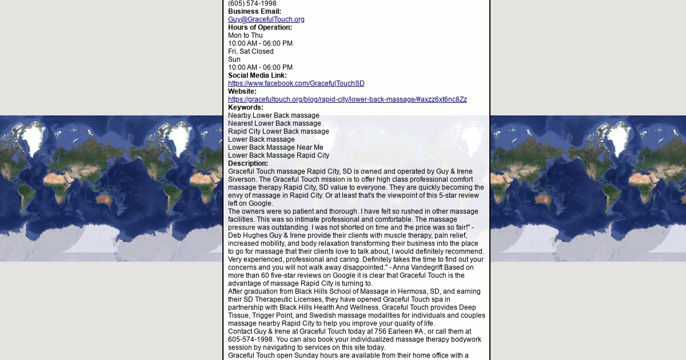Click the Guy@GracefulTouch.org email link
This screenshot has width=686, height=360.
coord(266,19)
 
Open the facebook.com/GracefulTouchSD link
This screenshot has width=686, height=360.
coord(296,83)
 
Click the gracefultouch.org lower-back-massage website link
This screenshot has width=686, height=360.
coord(347,99)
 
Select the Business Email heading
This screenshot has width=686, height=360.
coord(254,11)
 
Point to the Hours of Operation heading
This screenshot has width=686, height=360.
coord(260,27)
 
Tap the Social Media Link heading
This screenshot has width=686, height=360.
coord(257,75)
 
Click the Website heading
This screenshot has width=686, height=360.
coord(242,91)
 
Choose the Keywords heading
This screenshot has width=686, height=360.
coord(245,107)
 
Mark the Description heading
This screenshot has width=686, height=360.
coord(248,163)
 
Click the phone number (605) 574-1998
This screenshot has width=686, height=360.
coord(252,3)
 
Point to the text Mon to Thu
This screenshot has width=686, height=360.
coord(245,35)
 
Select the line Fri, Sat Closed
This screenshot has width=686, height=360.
coord(250,51)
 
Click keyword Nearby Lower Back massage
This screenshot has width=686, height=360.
coord(273,115)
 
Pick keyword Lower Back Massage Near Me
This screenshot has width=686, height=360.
coord(276,147)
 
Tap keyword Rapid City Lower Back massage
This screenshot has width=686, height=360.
coord(278,131)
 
